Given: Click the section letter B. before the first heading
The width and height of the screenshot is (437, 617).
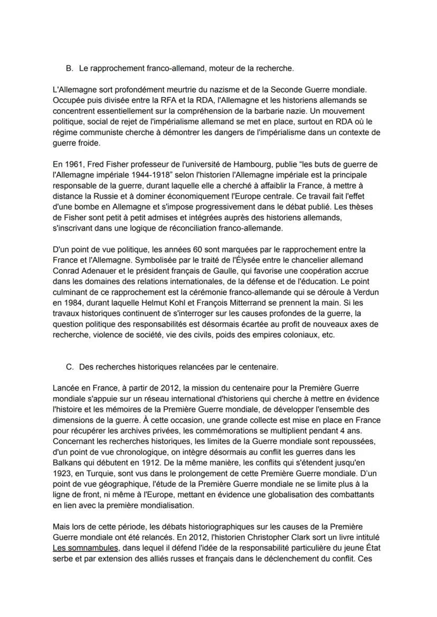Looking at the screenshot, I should click(69, 69).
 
